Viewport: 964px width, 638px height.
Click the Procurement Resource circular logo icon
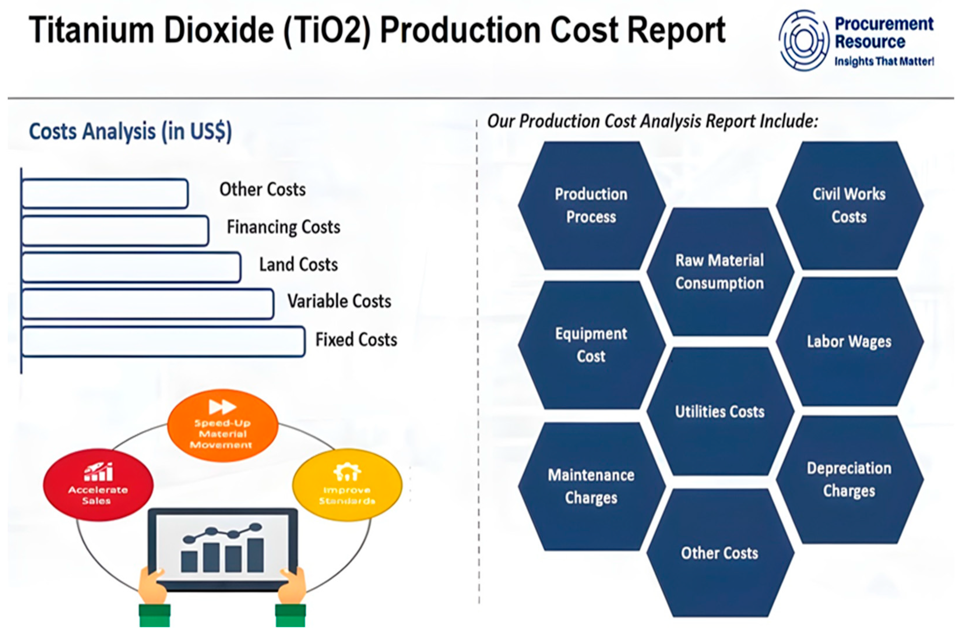[x=804, y=41]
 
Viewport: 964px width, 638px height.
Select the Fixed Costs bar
[x=163, y=342]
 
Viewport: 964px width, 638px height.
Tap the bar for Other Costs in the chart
[x=105, y=194]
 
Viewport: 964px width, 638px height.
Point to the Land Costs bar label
[x=298, y=264]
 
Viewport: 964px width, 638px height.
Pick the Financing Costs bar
[x=115, y=231]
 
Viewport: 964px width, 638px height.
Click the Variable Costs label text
[x=339, y=301]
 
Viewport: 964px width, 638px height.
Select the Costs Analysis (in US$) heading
[x=130, y=131]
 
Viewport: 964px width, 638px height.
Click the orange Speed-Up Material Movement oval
[x=223, y=425]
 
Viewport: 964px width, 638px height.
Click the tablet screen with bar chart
[x=223, y=547]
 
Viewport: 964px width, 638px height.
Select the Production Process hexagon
[x=591, y=206]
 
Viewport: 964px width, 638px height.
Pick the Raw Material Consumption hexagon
[x=720, y=272]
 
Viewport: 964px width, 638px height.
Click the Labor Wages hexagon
[x=849, y=342]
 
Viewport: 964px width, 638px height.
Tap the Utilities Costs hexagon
[x=720, y=412]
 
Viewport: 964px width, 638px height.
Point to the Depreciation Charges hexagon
[x=849, y=479]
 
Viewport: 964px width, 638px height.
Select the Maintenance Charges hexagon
[x=591, y=487]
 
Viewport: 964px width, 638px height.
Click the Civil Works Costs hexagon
[x=849, y=206]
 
